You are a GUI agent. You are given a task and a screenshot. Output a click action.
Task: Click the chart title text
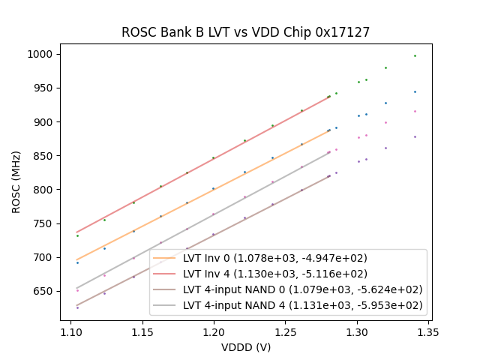pyautogui.click(x=245, y=32)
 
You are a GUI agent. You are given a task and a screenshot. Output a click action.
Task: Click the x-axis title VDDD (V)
pyautogui.click(x=245, y=348)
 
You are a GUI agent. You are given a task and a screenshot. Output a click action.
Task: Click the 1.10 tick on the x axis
pyautogui.click(x=70, y=331)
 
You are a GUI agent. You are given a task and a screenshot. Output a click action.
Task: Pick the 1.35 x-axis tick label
pyautogui.click(x=428, y=331)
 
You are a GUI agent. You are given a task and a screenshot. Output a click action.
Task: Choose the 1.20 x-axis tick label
pyautogui.click(x=214, y=331)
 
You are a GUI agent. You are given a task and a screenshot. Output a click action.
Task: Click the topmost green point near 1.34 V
pyautogui.click(x=415, y=55)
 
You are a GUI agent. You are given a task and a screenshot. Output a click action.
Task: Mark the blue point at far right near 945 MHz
pyautogui.click(x=415, y=91)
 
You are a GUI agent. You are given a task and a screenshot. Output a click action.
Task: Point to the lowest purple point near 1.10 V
pyautogui.click(x=77, y=307)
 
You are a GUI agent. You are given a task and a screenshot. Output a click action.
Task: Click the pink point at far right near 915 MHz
pyautogui.click(x=415, y=111)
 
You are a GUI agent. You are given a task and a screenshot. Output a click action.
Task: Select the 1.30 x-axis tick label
pyautogui.click(x=357, y=331)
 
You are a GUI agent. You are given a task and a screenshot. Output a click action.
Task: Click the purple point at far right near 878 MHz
pyautogui.click(x=415, y=136)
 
